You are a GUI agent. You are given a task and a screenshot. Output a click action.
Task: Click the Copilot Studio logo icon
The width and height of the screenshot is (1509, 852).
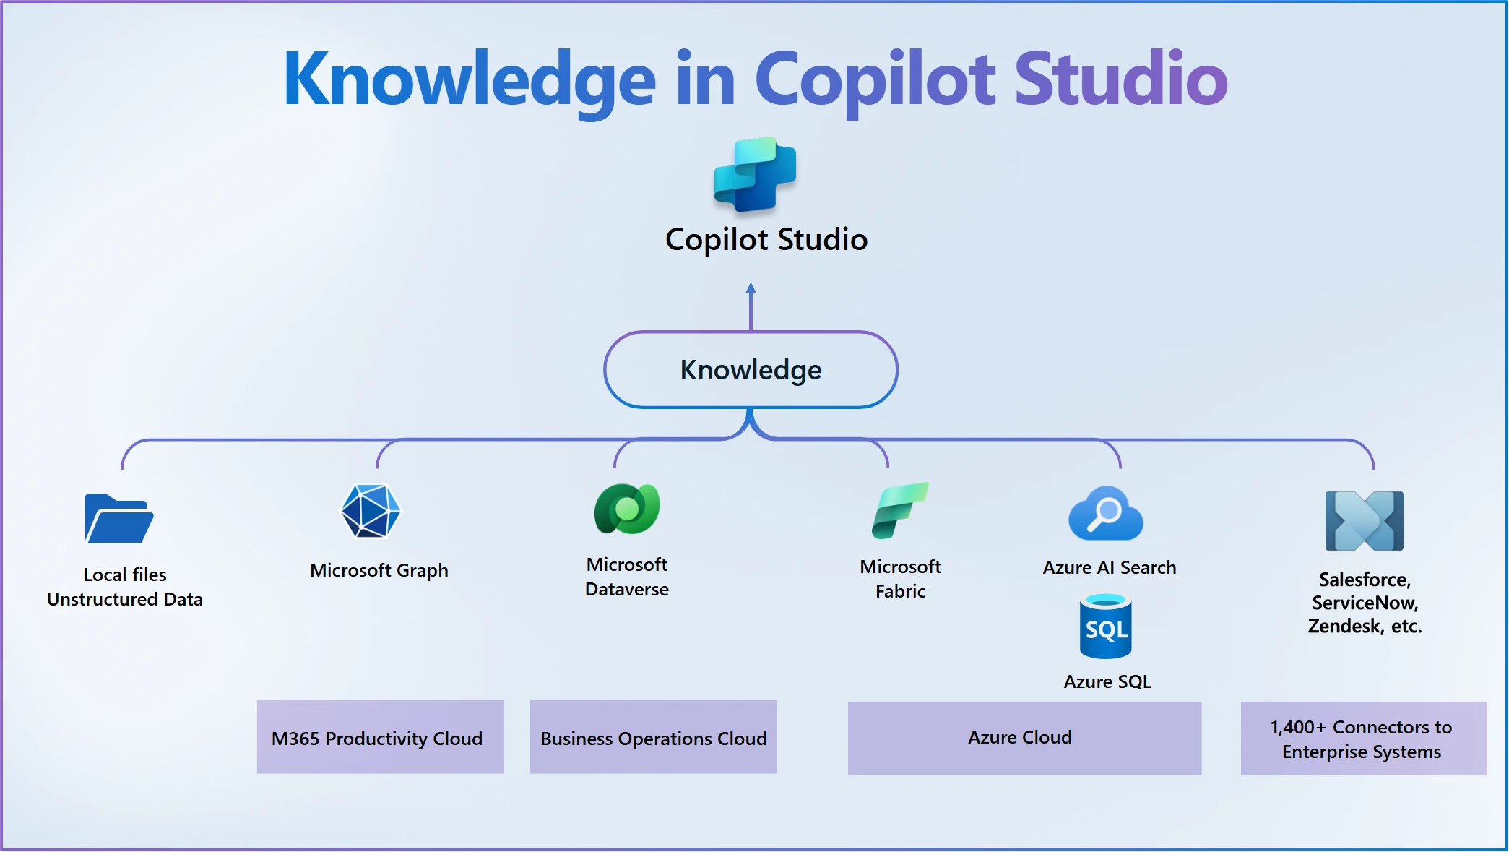(755, 175)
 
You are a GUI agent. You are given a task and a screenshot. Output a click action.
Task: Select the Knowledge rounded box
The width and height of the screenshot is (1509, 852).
(751, 370)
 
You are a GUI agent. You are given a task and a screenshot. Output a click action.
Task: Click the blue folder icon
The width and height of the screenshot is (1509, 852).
(118, 518)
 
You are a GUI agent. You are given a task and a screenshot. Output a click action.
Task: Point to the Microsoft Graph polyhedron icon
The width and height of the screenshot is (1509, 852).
(371, 511)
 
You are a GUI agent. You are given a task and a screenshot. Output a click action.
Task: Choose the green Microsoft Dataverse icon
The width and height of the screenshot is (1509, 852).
(626, 509)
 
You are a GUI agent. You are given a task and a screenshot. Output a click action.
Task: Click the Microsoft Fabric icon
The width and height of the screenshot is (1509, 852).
(899, 511)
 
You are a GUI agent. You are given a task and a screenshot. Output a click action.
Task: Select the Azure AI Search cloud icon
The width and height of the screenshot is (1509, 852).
(1105, 514)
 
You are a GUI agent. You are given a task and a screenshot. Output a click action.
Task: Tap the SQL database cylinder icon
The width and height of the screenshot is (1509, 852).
(1105, 627)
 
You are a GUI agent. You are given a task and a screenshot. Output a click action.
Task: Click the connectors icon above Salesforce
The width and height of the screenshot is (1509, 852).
(1364, 520)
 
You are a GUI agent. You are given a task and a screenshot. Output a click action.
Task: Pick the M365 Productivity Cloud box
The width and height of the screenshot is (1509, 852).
(380, 737)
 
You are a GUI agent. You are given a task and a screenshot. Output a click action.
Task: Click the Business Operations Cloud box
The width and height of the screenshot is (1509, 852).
(653, 737)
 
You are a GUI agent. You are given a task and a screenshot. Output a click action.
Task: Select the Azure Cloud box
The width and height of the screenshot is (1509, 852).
(1024, 738)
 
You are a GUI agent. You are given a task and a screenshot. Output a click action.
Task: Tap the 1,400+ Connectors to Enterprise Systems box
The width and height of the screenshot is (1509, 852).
(1363, 738)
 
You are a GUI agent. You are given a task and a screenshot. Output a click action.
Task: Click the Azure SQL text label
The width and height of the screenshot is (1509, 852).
(1107, 681)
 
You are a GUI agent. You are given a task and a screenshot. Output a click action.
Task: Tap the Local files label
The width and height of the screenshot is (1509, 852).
(125, 575)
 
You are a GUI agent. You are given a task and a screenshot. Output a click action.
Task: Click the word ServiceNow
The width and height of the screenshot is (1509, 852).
(1365, 603)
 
